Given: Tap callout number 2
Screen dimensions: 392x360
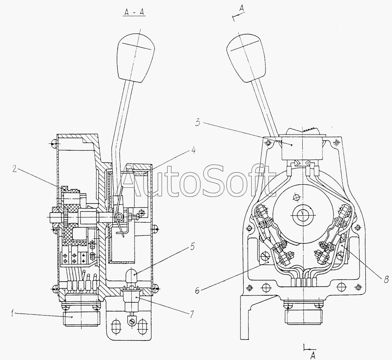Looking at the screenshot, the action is click(x=15, y=169).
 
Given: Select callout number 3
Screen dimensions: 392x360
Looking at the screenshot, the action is click(x=198, y=123).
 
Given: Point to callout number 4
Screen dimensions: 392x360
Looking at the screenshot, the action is click(x=193, y=151).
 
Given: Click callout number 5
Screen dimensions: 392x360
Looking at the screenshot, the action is click(x=192, y=246).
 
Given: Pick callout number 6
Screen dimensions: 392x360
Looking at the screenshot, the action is click(x=197, y=291).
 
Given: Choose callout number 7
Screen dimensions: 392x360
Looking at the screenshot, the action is click(x=192, y=314).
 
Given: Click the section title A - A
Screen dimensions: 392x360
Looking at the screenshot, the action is click(x=135, y=13).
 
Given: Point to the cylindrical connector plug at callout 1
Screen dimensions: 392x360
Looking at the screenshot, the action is click(x=81, y=318).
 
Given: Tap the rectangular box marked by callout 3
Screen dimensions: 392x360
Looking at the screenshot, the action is click(x=302, y=148).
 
